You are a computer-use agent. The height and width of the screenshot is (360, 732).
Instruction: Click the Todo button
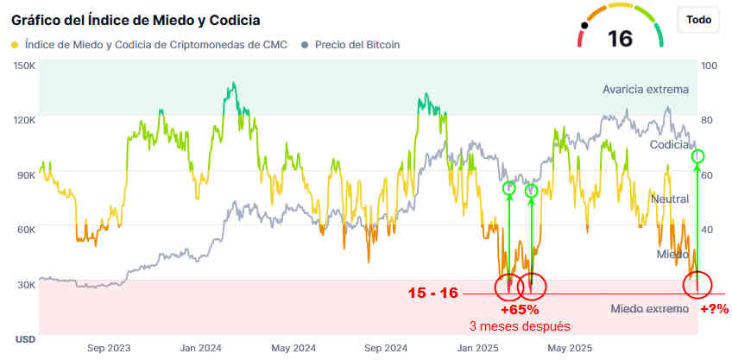coord(699,20)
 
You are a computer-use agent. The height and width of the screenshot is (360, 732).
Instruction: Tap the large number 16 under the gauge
coord(620,38)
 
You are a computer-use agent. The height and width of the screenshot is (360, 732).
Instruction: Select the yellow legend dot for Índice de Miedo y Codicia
coord(15,44)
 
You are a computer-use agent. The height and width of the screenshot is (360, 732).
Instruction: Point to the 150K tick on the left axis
coord(24,65)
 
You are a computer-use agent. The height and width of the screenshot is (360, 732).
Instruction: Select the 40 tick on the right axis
coord(710,230)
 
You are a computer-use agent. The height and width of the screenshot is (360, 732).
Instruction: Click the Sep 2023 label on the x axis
coord(109,348)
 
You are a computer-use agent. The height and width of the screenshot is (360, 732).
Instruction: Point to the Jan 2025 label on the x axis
coord(478,348)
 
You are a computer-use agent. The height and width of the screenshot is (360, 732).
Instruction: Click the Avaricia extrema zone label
coord(646,89)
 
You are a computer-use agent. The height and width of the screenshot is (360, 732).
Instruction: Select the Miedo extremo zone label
coord(649,308)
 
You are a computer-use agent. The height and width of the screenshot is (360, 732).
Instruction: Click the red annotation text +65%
coord(520,309)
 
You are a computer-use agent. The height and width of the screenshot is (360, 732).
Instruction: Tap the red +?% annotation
coord(714,309)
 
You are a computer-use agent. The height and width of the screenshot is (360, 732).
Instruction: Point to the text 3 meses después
coord(520,326)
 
